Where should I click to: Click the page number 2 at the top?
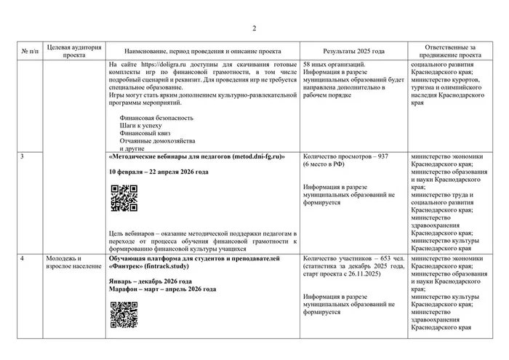pyautogui.click(x=254, y=28)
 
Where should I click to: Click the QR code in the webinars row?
pyautogui.click(x=124, y=198)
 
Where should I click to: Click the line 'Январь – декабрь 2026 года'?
pyautogui.click(x=150, y=281)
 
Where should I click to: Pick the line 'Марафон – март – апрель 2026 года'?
pyautogui.click(x=161, y=289)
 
